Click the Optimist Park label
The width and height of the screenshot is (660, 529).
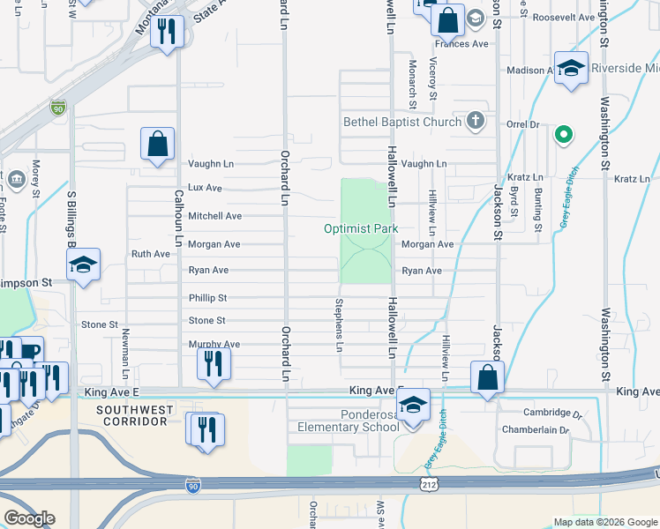361,228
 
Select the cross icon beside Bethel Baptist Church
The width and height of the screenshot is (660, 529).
476,121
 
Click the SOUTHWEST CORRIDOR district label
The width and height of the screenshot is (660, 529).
132,415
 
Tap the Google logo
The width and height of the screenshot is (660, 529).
29,518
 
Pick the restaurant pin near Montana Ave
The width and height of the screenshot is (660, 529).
164,33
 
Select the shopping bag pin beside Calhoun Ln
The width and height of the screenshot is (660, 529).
157,145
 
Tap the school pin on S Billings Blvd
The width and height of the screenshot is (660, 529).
83,265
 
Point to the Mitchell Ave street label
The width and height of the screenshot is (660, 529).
214,216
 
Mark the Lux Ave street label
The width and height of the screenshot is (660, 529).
205,188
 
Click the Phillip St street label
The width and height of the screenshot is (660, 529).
207,298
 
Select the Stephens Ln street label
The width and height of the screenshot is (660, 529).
338,324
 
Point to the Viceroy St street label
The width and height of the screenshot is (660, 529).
432,78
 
